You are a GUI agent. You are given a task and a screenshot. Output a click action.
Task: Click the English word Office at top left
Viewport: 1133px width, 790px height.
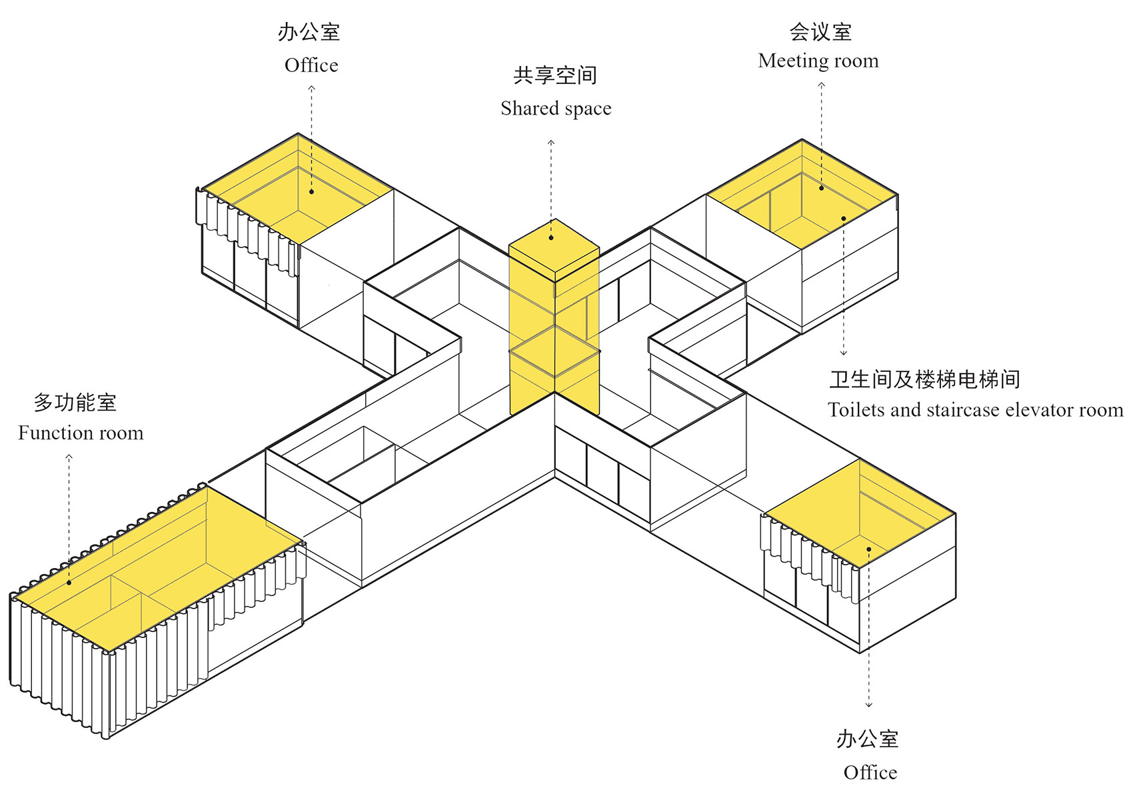(311, 65)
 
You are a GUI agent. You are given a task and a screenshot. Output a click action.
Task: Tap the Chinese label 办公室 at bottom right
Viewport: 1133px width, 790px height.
(867, 739)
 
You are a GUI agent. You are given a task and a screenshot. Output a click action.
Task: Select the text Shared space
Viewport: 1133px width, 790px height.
(556, 108)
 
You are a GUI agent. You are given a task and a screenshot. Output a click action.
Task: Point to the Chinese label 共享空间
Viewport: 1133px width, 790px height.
(555, 75)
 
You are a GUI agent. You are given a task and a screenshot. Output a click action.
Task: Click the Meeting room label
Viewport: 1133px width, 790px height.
(818, 61)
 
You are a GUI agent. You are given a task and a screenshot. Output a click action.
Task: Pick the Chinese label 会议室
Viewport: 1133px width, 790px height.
(820, 31)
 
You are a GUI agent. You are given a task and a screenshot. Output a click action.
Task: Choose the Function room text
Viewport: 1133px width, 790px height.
(81, 433)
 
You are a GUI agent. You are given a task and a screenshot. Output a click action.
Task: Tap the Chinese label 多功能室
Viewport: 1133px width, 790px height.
(75, 403)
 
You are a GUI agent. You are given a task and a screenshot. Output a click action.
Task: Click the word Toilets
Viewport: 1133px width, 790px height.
(856, 409)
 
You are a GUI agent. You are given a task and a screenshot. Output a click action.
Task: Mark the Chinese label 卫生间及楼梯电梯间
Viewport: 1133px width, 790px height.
(924, 379)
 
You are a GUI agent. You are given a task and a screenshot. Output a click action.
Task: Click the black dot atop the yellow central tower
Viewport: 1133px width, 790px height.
(551, 237)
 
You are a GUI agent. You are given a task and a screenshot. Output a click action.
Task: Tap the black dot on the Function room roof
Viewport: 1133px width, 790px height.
(69, 583)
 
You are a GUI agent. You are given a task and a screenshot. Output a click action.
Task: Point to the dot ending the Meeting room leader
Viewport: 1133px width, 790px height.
(821, 188)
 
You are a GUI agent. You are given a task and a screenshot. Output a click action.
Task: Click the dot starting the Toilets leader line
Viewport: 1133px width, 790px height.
(844, 219)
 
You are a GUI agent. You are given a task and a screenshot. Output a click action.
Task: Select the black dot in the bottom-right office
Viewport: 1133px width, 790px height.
(868, 549)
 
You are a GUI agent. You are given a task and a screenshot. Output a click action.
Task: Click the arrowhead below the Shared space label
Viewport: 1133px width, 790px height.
(551, 142)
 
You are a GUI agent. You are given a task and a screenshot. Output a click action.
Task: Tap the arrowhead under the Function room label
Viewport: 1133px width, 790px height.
(69, 457)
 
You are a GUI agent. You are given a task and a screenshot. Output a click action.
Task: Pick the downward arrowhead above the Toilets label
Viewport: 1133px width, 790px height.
(844, 353)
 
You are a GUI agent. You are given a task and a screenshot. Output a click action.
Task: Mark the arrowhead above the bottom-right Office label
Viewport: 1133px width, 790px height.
(868, 705)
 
